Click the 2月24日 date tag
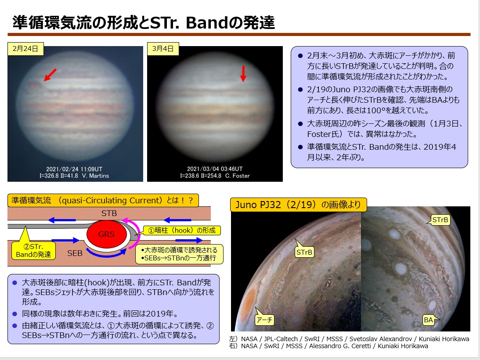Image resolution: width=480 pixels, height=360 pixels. [25, 49]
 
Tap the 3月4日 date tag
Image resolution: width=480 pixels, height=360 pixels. [163, 49]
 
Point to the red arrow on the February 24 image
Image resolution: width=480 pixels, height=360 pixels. [50, 75]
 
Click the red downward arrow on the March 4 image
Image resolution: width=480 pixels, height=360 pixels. [243, 74]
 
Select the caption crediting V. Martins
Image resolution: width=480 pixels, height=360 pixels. [74, 173]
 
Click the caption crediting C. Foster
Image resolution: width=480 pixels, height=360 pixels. [215, 173]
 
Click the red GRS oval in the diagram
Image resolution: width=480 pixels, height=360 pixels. [107, 234]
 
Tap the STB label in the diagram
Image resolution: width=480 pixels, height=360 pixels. [109, 213]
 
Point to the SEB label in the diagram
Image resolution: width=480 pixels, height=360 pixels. [75, 253]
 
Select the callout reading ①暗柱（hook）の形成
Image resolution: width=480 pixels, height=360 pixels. [182, 230]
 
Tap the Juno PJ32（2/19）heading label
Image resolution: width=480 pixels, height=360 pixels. [298, 205]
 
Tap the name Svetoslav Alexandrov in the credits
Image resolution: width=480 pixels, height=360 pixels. [380, 339]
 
